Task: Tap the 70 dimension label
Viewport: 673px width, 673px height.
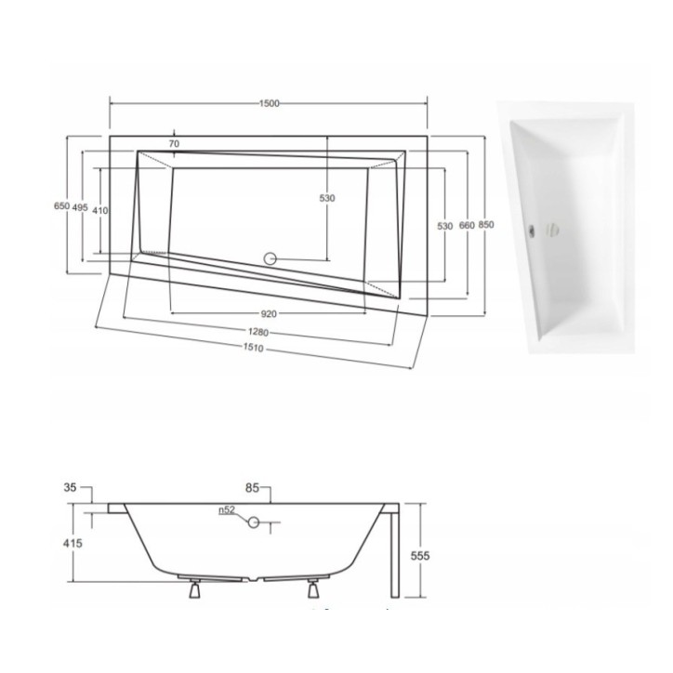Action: click(173, 144)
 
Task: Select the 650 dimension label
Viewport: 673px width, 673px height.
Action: click(61, 207)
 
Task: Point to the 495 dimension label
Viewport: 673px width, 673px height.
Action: click(80, 207)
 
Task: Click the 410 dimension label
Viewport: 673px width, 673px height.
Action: click(100, 210)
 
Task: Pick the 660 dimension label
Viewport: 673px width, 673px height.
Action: click(466, 226)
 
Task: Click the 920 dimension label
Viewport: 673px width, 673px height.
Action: click(271, 313)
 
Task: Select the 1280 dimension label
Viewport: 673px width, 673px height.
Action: click(259, 332)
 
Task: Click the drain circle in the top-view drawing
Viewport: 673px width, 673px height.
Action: click(272, 258)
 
